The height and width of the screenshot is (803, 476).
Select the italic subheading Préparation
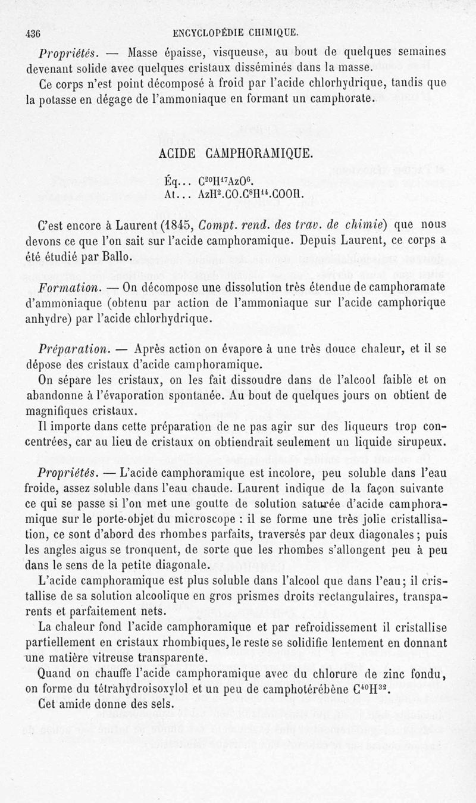pos(73,347)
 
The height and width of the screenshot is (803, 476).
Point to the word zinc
pos(388,674)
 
